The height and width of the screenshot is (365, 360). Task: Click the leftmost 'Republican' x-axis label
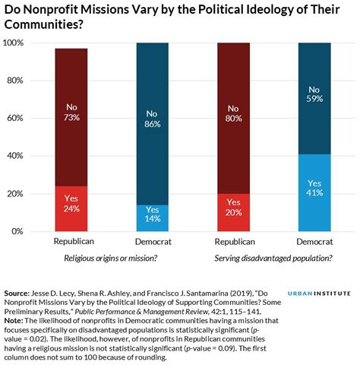pos(74,242)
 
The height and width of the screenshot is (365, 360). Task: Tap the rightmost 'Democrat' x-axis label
pos(315,242)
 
